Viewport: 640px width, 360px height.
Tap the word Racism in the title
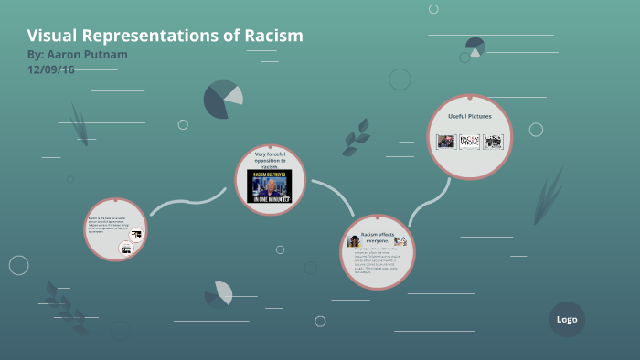tap(272, 36)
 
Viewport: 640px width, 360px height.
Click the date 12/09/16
tap(50, 69)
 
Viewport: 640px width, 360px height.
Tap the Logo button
tap(567, 319)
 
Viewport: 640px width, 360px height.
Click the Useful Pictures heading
tap(469, 117)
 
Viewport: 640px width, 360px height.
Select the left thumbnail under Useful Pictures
tap(445, 142)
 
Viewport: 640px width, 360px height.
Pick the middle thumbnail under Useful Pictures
tap(469, 142)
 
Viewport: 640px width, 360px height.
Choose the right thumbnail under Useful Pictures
tap(494, 142)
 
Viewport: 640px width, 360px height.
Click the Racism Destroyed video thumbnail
tap(269, 186)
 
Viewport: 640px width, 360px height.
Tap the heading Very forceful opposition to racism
tap(269, 160)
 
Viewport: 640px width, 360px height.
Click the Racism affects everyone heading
tap(377, 238)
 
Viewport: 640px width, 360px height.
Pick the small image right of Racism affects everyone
tap(400, 240)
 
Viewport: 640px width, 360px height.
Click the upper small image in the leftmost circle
tap(136, 235)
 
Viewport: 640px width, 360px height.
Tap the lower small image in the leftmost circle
tap(126, 249)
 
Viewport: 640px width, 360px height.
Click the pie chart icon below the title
tap(223, 99)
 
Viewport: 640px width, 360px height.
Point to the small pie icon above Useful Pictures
tap(475, 46)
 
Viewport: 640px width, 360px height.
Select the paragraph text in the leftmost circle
tap(108, 224)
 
